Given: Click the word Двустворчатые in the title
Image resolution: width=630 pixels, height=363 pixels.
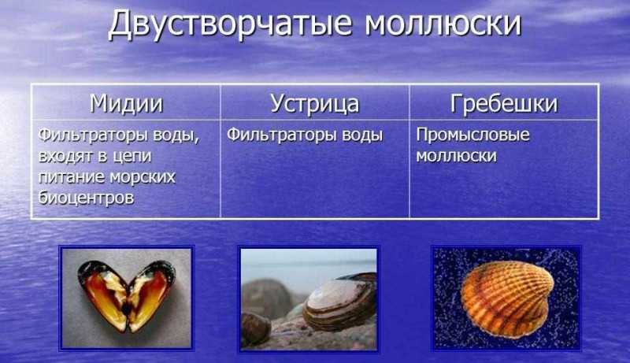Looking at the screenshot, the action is click(230, 24).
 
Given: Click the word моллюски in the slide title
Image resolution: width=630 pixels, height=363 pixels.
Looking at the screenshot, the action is click(443, 24).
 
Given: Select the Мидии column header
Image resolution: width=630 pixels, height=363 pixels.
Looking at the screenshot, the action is click(126, 103).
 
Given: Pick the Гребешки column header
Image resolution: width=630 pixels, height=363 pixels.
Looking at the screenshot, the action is click(504, 103).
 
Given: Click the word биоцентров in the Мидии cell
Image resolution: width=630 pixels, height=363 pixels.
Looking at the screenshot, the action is click(86, 198).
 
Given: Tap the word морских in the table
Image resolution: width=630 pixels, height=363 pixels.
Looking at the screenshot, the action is click(143, 177).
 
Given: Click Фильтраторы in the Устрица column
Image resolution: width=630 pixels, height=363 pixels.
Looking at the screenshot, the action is click(282, 135).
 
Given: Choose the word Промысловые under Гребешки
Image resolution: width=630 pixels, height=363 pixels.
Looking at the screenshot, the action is click(472, 135).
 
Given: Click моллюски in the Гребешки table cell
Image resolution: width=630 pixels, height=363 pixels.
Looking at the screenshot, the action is click(456, 156).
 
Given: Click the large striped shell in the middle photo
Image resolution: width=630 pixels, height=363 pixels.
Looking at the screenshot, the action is click(339, 301).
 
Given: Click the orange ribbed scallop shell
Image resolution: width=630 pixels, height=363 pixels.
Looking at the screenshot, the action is click(506, 298).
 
